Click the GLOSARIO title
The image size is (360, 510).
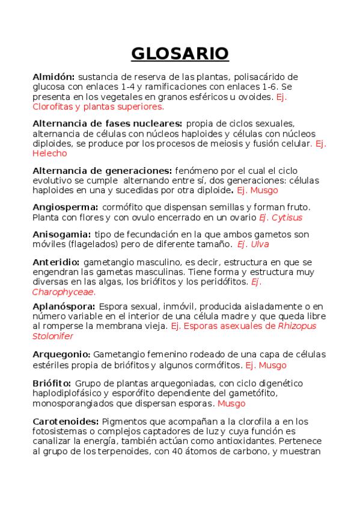(x=180, y=54)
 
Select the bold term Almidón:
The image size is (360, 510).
(x=53, y=77)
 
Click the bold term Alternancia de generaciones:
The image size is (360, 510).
(x=102, y=171)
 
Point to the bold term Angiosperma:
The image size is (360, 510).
(x=65, y=207)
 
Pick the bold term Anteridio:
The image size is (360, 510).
(x=56, y=262)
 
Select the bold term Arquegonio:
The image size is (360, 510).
(x=61, y=355)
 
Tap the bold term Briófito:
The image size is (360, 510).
(x=52, y=383)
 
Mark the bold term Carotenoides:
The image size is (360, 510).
(x=66, y=421)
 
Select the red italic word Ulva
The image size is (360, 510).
(x=260, y=244)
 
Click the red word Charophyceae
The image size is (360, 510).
(x=63, y=292)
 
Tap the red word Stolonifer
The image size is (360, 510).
(x=53, y=336)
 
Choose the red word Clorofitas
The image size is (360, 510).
(x=55, y=106)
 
